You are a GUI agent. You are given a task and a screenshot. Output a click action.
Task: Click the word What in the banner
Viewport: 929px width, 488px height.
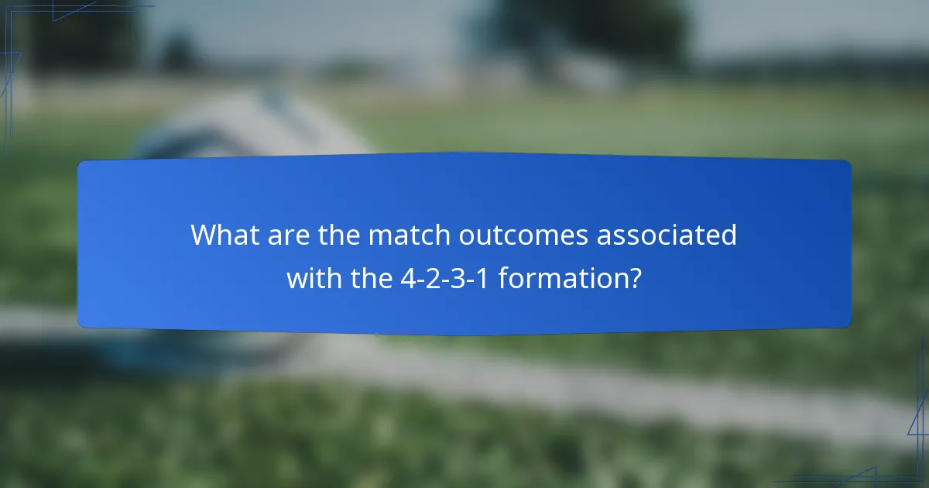click(x=223, y=235)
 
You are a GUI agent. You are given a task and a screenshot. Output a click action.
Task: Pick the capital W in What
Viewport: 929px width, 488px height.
click(x=204, y=235)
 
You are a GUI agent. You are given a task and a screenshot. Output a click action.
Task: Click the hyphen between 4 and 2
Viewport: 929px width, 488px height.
click(x=421, y=279)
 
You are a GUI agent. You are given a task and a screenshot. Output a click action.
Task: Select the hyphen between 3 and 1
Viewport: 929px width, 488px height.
click(x=471, y=279)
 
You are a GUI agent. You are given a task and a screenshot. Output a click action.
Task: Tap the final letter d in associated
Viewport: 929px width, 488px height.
click(x=728, y=235)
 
